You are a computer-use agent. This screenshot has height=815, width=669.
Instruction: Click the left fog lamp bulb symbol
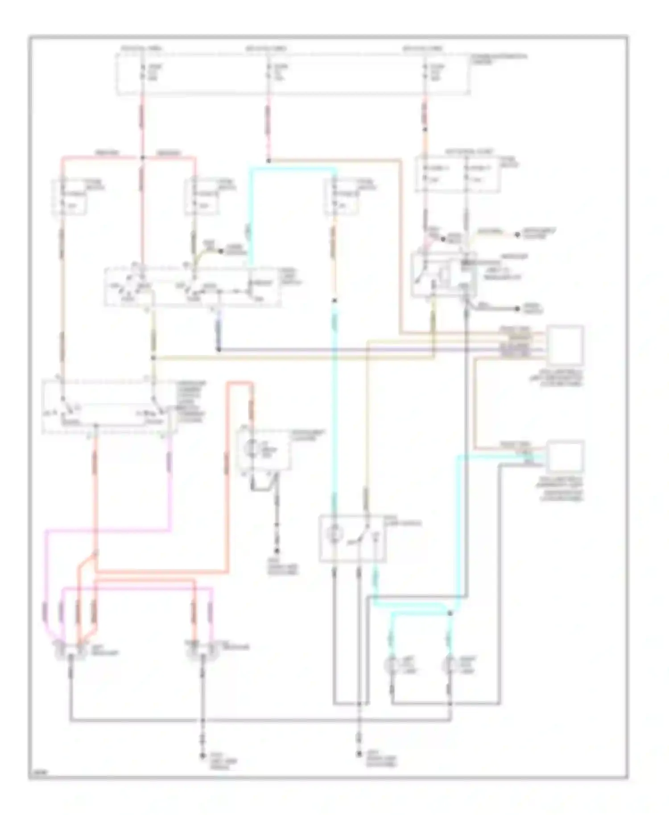[x=391, y=666]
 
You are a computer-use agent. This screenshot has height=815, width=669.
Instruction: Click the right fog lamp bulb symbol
[x=449, y=666]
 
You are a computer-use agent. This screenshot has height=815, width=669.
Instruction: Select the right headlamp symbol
[x=202, y=650]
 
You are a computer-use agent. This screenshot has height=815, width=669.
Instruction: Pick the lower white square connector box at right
[x=565, y=456]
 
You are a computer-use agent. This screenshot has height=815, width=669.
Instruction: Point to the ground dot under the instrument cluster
[x=276, y=551]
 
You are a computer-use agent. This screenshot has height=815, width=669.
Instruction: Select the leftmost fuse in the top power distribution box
[x=142, y=71]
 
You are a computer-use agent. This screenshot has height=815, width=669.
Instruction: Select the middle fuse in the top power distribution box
[x=268, y=71]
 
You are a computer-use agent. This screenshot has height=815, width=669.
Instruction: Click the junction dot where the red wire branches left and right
[x=142, y=157]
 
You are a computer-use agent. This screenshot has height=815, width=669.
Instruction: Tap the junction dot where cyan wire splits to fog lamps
[x=450, y=614]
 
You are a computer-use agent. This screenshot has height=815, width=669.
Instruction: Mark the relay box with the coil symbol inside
[x=443, y=274]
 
